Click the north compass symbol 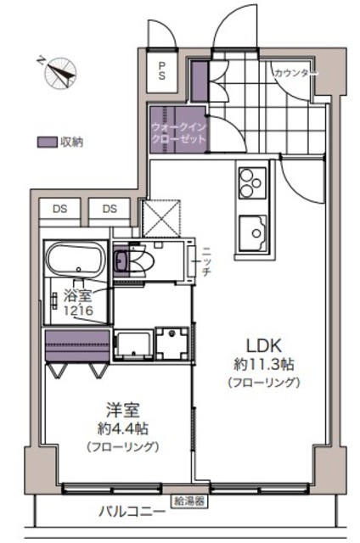(59, 72)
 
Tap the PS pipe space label (162, 70)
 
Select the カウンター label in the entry (295, 74)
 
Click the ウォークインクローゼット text (179, 133)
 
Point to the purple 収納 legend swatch (47, 142)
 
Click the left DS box (60, 209)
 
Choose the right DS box (110, 209)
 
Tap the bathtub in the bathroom (76, 259)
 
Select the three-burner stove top (252, 182)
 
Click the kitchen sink (252, 232)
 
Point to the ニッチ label (205, 261)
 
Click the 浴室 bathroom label (77, 295)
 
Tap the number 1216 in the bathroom (78, 311)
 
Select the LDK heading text (263, 345)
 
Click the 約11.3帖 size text (264, 364)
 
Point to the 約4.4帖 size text (123, 429)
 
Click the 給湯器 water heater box (189, 501)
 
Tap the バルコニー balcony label (132, 512)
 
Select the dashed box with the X (161, 218)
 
